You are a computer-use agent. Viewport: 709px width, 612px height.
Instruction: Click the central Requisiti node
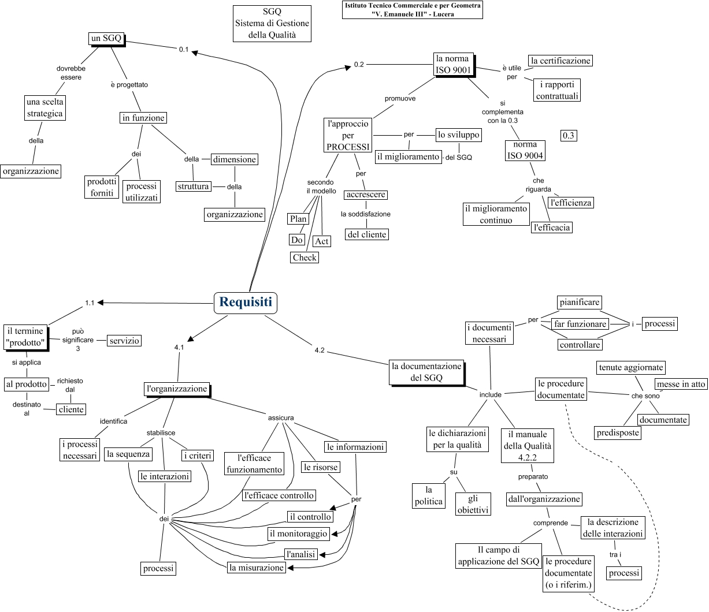coord(246,302)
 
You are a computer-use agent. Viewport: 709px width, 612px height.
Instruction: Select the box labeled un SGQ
coord(106,39)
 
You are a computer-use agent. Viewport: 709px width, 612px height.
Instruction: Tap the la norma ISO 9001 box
coord(453,64)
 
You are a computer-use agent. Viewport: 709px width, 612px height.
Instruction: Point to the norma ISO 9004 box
coord(525,150)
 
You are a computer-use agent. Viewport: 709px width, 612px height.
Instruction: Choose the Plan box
coord(298,219)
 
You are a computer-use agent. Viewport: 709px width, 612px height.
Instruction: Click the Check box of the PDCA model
coord(305,258)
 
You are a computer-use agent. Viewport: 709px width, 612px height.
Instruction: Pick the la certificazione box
coord(560,61)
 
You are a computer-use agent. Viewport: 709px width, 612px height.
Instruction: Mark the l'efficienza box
coord(571,203)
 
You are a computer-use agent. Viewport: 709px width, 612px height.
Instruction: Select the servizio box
coord(124,341)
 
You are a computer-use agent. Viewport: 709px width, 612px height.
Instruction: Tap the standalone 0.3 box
coord(569,136)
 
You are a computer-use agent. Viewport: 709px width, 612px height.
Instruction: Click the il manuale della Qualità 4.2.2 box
coord(527,446)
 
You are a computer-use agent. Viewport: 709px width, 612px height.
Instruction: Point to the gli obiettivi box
coord(473,504)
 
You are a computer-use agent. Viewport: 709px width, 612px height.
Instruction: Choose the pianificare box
coord(580,302)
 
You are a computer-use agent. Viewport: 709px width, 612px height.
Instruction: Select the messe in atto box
coord(681,384)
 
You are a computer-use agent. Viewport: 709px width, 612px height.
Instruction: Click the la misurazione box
coord(257,568)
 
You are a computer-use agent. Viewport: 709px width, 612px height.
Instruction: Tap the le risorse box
coord(320,467)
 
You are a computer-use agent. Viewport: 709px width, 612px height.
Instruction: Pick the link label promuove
coord(400,99)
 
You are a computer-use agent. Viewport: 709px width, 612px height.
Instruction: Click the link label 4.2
coord(320,350)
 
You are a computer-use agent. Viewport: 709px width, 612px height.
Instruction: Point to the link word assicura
coord(281,417)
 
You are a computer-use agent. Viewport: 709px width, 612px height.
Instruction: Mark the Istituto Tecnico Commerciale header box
coord(413,10)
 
